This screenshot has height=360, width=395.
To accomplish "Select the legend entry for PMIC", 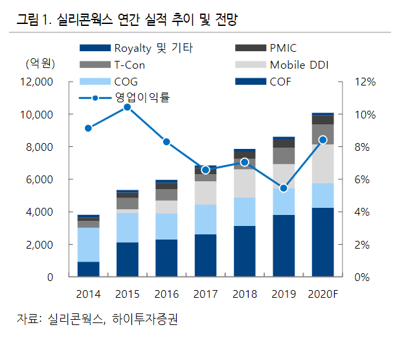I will coord(284,48).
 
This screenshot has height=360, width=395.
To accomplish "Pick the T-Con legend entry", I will coord(129,65).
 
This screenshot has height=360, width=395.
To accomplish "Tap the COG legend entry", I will coord(126,82).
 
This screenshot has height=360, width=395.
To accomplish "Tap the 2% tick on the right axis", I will coord(364,245).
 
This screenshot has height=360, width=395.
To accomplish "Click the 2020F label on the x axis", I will coord(323,295).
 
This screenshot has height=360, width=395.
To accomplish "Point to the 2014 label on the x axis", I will coord(88,295).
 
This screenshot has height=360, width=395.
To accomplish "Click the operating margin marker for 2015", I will coord(128,107).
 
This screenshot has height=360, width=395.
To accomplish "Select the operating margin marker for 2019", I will coord(284,188).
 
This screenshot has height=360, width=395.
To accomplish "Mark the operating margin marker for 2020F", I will coord(323,140).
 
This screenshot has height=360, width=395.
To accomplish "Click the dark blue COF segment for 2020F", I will coord(323,242).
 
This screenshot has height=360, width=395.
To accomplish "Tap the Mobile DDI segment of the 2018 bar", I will coord(245,183).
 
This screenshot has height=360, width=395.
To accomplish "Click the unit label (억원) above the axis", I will coord(40,64).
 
